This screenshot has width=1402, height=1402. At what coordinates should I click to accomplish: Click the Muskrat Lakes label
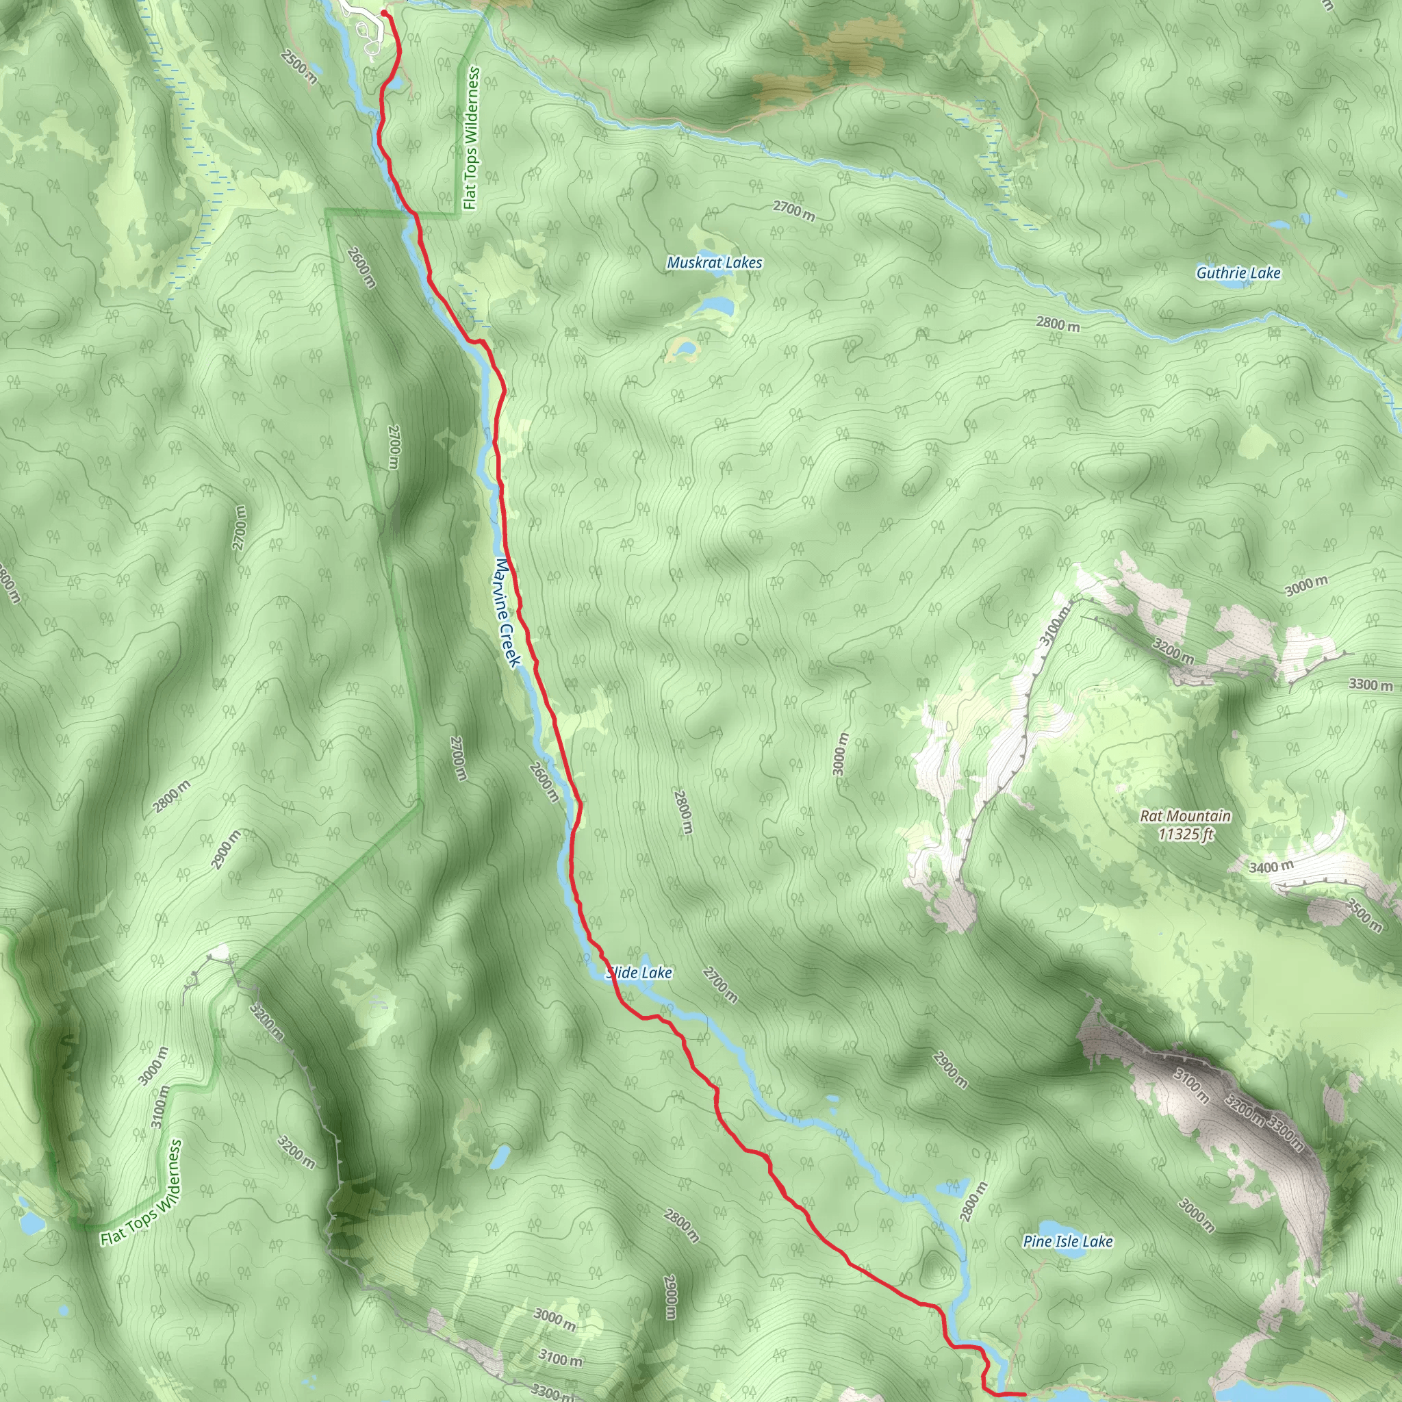(x=714, y=263)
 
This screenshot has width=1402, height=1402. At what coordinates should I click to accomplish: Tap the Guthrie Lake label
(x=1238, y=274)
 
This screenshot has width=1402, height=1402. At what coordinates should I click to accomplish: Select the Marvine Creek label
(x=508, y=612)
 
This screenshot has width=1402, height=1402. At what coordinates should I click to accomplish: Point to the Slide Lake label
(x=639, y=972)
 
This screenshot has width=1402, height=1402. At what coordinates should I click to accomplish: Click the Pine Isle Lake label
(x=1067, y=1241)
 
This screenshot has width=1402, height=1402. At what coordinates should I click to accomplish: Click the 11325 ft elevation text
(x=1185, y=834)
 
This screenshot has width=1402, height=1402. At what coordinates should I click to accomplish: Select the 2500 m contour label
(x=300, y=68)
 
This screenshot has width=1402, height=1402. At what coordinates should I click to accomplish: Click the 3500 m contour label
(x=1364, y=915)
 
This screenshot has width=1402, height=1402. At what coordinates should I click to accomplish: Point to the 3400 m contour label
(x=1271, y=867)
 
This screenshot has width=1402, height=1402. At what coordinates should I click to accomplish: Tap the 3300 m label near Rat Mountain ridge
(x=1371, y=685)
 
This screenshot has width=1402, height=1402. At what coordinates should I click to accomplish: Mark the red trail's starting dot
(x=384, y=13)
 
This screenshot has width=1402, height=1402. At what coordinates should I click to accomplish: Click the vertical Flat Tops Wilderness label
(x=472, y=138)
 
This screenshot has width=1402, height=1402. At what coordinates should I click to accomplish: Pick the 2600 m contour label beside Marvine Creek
(x=544, y=782)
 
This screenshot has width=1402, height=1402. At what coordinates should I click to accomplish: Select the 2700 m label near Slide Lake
(x=721, y=986)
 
